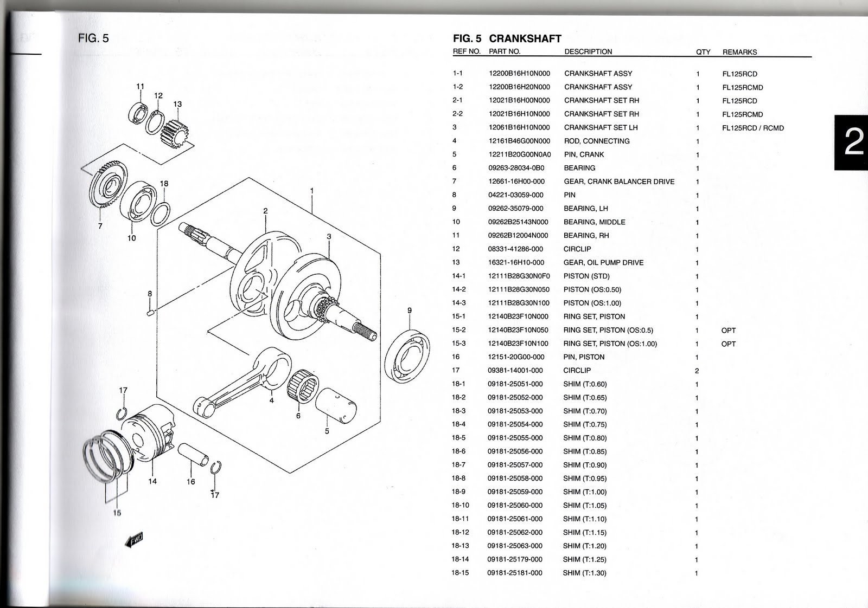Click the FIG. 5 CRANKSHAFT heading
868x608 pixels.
pos(507,38)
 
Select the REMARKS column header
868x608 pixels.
pos(739,52)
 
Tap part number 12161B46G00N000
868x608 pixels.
pos(519,141)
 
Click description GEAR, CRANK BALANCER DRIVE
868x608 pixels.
pos(619,182)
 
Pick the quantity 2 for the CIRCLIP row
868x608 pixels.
pos(697,371)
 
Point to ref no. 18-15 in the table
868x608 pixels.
pos(459,573)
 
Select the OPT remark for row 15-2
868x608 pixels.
pos(728,330)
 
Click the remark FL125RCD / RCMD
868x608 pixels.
pos(752,128)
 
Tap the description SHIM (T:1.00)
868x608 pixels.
pos(584,492)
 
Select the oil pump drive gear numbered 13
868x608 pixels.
pos(175,134)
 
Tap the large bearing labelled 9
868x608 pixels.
pos(406,352)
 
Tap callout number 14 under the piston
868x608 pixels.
pos(152,481)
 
